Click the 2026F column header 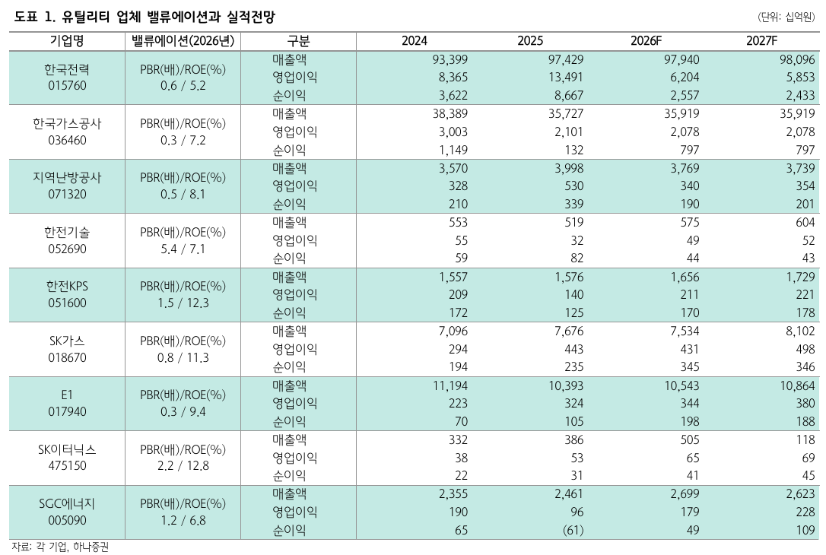pyautogui.click(x=646, y=41)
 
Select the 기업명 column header pyautogui.click(x=67, y=41)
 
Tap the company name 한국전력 pyautogui.click(x=67, y=69)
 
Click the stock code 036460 pyautogui.click(x=67, y=140)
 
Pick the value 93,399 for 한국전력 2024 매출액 pyautogui.click(x=450, y=59)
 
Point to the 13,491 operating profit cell pyautogui.click(x=566, y=78)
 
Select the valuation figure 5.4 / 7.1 pyautogui.click(x=183, y=249)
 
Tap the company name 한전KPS pyautogui.click(x=67, y=286)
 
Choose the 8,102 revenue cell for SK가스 pyautogui.click(x=799, y=331)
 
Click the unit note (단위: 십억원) pyautogui.click(x=786, y=17)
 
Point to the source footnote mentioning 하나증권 pyautogui.click(x=60, y=547)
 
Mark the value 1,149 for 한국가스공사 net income pyautogui.click(x=453, y=150)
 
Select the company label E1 pyautogui.click(x=67, y=395)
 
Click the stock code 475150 pyautogui.click(x=67, y=465)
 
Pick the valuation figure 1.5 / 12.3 pyautogui.click(x=183, y=303)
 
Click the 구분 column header pyautogui.click(x=298, y=41)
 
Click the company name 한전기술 pyautogui.click(x=67, y=232)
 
